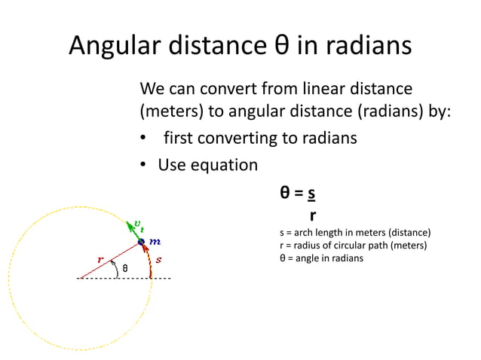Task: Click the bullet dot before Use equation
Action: click(x=142, y=165)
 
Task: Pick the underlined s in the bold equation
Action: click(x=311, y=194)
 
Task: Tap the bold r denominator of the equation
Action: click(x=312, y=215)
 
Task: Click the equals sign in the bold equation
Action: click(x=299, y=194)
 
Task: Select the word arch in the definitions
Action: click(x=302, y=233)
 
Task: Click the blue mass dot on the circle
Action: click(x=140, y=242)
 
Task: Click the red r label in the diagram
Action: click(x=100, y=258)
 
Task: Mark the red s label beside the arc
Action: click(x=158, y=259)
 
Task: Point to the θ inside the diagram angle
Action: click(x=125, y=268)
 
